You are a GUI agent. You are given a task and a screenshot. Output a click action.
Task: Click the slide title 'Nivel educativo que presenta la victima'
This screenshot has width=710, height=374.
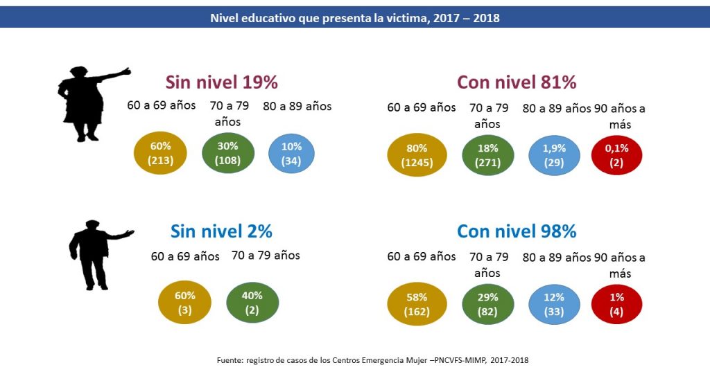coord(354,18)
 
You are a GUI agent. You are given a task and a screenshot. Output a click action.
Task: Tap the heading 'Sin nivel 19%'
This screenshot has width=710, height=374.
coord(221,82)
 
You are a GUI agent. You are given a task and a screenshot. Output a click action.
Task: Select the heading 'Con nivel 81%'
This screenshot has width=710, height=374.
coord(517,82)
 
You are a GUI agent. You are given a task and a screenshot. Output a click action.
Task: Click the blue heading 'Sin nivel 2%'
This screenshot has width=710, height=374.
coord(221,231)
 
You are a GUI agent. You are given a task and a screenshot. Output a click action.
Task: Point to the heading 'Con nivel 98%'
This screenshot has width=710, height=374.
coord(517,231)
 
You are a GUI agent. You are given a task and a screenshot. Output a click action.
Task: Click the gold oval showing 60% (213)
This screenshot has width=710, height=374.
coord(160,153)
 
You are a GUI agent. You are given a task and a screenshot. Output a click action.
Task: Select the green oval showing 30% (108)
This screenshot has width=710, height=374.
coord(228,153)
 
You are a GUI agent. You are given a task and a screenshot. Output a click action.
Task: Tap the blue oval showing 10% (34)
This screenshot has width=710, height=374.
coord(291,153)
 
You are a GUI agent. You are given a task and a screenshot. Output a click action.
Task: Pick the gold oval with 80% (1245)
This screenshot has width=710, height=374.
coord(417,156)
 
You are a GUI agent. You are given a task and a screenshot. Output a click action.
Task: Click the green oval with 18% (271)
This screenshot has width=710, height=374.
coord(487,156)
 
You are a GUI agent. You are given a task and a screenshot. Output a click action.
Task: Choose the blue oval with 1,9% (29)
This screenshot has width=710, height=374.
coord(554,156)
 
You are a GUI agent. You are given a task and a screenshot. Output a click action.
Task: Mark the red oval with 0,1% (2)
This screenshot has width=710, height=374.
coord(617,156)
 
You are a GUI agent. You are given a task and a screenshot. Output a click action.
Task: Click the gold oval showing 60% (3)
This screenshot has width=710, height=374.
coord(184,303)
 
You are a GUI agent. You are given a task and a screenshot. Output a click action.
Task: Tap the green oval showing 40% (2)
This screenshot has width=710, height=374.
coord(252,303)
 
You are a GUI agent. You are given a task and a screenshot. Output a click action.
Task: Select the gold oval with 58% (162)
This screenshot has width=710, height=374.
coord(417,305)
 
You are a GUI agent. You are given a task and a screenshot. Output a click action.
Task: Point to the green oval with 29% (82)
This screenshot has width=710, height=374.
coord(487,305)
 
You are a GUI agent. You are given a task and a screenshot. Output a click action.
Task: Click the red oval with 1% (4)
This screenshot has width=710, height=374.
coord(617,305)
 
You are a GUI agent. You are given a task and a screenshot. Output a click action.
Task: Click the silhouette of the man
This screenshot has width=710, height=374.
coord(92,253)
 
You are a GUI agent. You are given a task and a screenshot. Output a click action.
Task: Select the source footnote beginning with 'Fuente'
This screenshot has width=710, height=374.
coord(373,359)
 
